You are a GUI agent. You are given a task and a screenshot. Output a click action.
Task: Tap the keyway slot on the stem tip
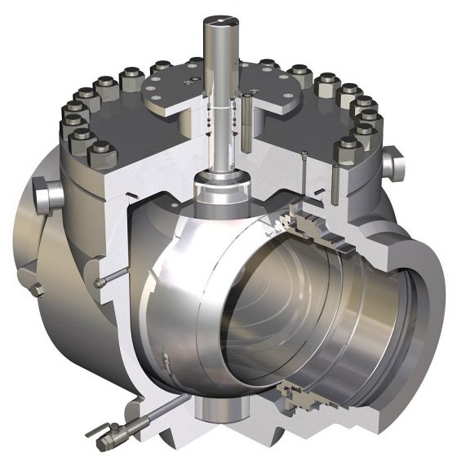coord(221,14)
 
